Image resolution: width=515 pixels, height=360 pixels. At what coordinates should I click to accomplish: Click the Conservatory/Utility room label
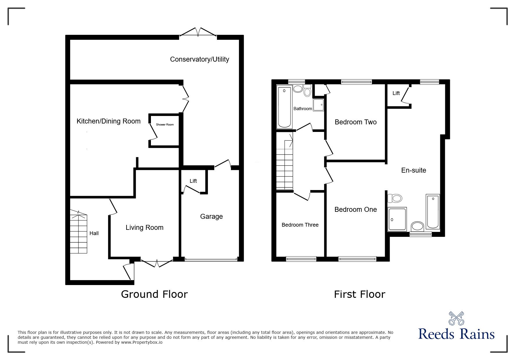pyautogui.click(x=199, y=59)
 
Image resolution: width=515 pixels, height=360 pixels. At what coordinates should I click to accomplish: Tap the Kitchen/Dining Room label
pyautogui.click(x=108, y=121)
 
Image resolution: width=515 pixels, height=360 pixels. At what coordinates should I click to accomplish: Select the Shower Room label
pyautogui.click(x=165, y=125)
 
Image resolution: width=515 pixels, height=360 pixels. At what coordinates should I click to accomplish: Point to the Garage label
pyautogui.click(x=211, y=216)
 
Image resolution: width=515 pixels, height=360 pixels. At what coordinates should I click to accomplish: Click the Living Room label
pyautogui.click(x=145, y=228)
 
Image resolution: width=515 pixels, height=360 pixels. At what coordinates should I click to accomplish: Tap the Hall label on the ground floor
pyautogui.click(x=94, y=233)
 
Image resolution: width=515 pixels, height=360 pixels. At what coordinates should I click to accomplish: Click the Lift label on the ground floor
pyautogui.click(x=193, y=181)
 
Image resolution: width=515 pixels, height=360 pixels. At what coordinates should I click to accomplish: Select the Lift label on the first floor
pyautogui.click(x=396, y=93)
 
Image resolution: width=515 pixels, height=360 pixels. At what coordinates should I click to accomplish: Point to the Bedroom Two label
pyautogui.click(x=356, y=122)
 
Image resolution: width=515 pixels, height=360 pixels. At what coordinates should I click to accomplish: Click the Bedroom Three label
pyautogui.click(x=300, y=225)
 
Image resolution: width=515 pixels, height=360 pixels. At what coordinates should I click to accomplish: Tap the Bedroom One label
pyautogui.click(x=356, y=209)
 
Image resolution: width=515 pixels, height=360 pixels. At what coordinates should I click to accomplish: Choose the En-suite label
pyautogui.click(x=414, y=170)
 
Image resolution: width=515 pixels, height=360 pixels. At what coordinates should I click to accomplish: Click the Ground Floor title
pyautogui.click(x=154, y=294)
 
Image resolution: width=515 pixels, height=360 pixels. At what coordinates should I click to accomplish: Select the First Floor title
pyautogui.click(x=360, y=294)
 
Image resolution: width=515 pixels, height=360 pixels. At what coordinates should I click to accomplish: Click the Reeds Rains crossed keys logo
pyautogui.click(x=457, y=318)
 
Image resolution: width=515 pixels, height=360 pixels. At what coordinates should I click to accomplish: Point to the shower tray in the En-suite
pyautogui.click(x=397, y=219)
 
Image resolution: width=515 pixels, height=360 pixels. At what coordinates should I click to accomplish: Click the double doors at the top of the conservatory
pyautogui.click(x=198, y=32)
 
